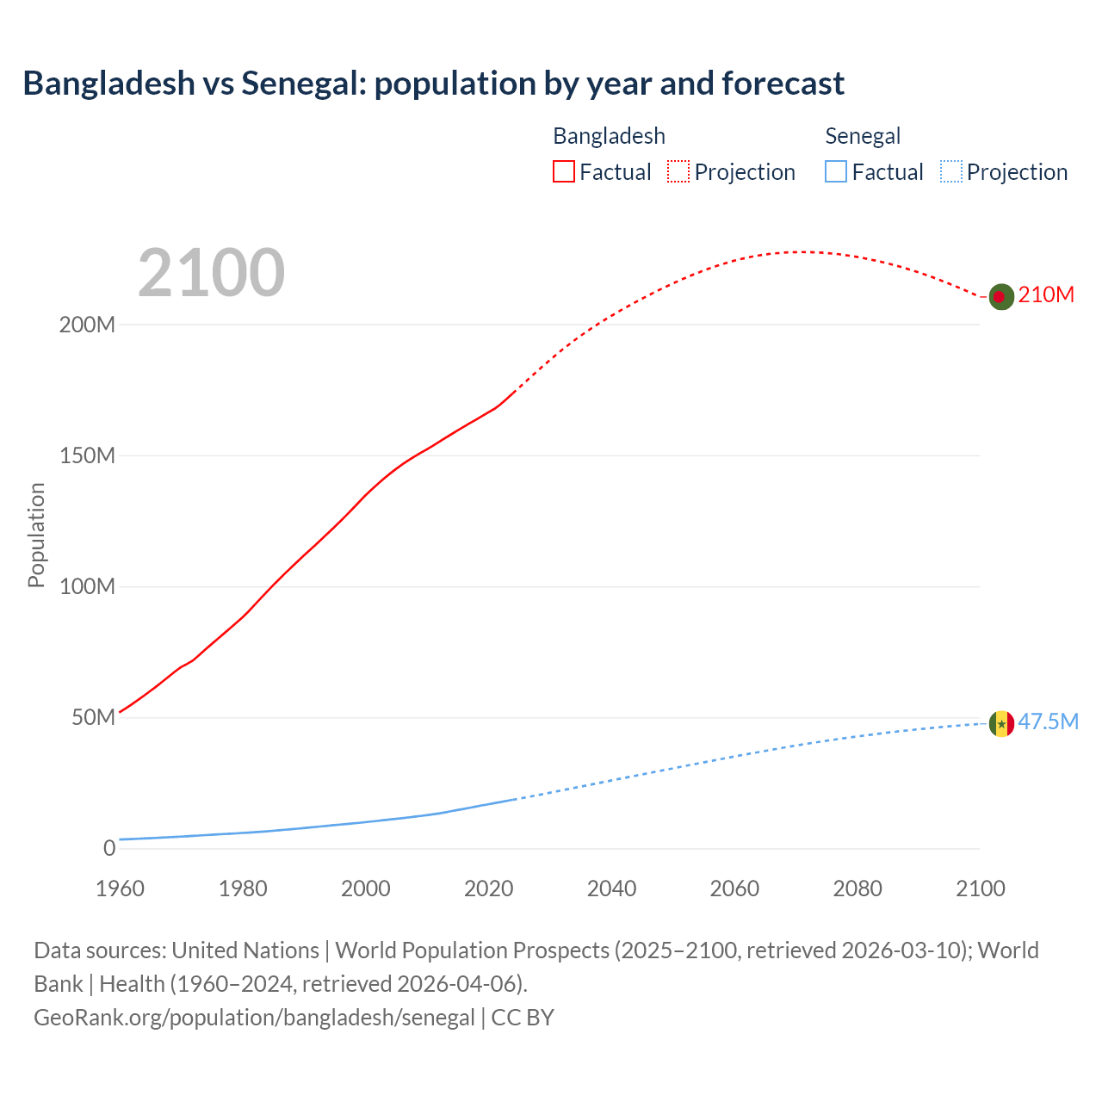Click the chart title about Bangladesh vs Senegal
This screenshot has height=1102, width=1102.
tap(433, 84)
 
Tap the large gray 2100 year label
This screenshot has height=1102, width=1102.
tap(211, 273)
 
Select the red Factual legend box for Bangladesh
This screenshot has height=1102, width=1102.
tap(564, 171)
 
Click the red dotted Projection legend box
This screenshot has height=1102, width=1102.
tap(678, 171)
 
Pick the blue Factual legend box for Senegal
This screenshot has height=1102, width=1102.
tap(836, 171)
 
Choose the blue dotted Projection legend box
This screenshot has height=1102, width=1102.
tap(950, 171)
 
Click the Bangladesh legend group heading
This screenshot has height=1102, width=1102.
tap(609, 136)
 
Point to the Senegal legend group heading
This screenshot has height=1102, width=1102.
tap(863, 136)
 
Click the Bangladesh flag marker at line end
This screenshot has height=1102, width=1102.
tap(1000, 296)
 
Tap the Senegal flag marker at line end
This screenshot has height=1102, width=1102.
tap(1000, 723)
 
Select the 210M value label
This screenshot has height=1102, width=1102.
tap(1046, 295)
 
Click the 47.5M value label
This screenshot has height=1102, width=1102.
tap(1048, 721)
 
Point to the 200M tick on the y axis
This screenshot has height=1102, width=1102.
tap(87, 325)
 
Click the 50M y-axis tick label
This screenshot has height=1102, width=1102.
tap(93, 718)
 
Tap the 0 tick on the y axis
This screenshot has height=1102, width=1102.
tap(109, 849)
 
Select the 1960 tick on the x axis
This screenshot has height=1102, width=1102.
tap(120, 888)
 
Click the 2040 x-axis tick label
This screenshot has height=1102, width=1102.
tap(611, 888)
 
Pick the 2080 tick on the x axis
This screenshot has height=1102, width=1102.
tap(857, 888)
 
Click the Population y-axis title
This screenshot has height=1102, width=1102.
tap(36, 535)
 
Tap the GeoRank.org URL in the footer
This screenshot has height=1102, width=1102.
tap(254, 1018)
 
